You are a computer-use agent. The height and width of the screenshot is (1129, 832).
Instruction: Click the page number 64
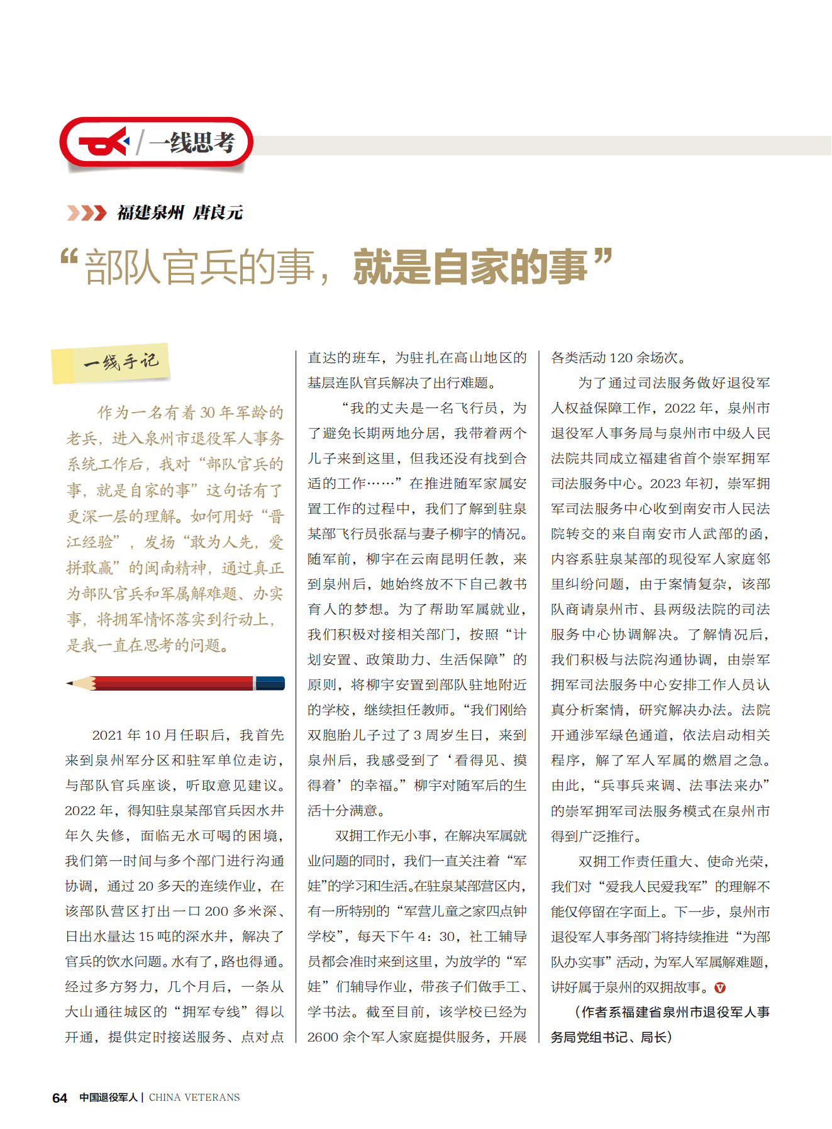(60, 1098)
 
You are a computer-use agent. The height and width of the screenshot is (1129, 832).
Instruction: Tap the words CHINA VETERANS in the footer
(194, 1098)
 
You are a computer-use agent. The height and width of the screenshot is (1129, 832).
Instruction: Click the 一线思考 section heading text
(192, 143)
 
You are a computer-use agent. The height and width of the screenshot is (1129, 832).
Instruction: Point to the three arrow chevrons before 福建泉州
(87, 213)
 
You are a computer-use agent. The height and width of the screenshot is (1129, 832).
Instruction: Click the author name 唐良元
(218, 213)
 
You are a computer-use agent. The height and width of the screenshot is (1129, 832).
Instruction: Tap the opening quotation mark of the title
(69, 259)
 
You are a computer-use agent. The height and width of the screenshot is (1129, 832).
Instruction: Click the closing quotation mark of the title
(602, 257)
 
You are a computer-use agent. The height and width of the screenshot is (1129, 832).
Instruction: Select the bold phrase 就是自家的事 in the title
(470, 267)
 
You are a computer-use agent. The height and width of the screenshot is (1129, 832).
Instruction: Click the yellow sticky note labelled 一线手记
(111, 363)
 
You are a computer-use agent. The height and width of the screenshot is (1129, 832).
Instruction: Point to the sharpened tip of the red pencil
(70, 683)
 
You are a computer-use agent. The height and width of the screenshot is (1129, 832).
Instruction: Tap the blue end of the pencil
(270, 683)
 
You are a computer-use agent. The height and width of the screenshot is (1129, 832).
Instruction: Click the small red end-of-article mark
(720, 988)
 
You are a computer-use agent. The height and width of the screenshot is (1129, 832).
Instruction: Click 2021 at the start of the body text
(108, 735)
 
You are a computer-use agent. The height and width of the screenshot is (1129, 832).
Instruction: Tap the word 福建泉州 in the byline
(150, 213)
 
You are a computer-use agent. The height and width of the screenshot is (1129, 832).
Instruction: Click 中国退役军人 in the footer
(108, 1098)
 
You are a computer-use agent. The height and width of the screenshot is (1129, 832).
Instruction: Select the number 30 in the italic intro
(208, 413)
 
